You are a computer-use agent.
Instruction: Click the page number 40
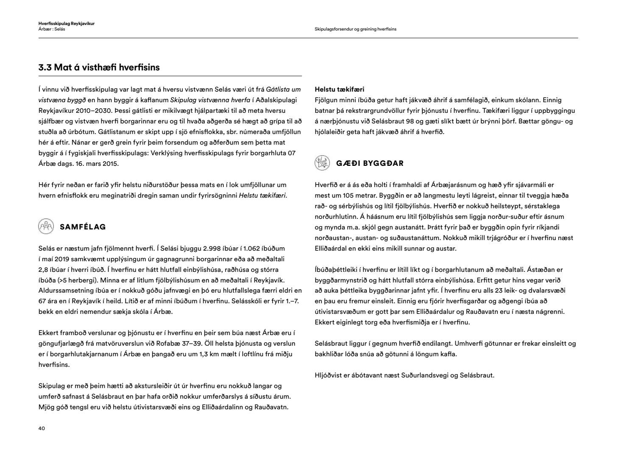[42, 428]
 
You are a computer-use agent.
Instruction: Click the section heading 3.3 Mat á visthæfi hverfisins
[99, 67]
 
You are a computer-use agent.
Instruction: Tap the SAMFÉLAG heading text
[83, 227]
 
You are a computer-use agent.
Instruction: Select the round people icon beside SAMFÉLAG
[46, 226]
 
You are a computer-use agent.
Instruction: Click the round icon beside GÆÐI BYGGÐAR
[322, 163]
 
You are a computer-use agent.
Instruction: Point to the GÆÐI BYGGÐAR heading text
[370, 163]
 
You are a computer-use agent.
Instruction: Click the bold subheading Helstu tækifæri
[340, 89]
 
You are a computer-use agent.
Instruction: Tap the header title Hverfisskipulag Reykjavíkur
[66, 23]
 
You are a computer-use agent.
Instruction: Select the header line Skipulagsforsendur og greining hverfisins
[355, 29]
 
